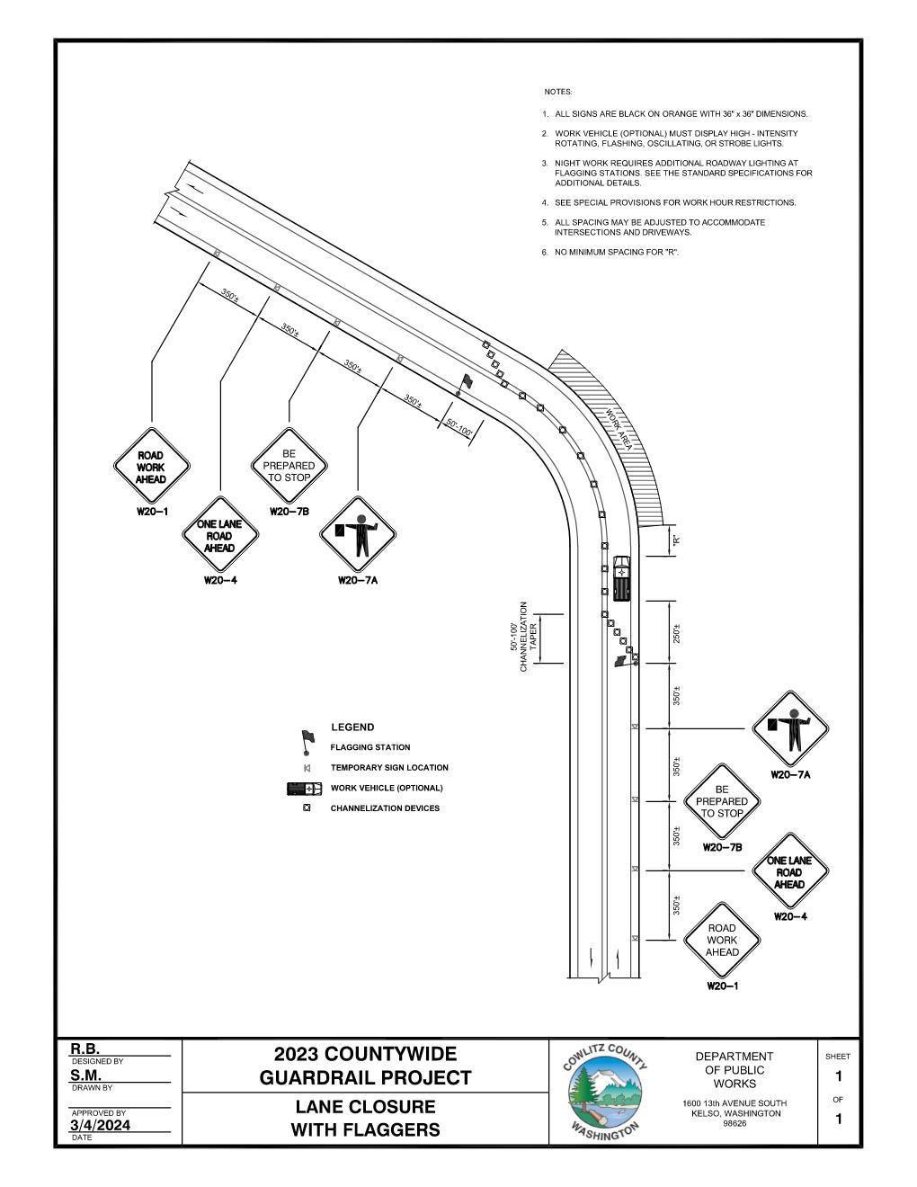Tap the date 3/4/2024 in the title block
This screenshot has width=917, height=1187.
pyautogui.click(x=100, y=1125)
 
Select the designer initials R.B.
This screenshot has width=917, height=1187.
pyautogui.click(x=85, y=1049)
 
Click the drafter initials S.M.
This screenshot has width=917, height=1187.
pyautogui.click(x=85, y=1075)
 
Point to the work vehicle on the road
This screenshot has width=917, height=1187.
pyautogui.click(x=621, y=578)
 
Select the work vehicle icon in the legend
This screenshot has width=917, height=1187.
pyautogui.click(x=304, y=789)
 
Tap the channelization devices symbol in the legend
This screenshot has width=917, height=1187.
pyautogui.click(x=307, y=808)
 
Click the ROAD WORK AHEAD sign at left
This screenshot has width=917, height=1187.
pyautogui.click(x=151, y=468)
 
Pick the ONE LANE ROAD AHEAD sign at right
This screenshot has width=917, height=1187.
pyautogui.click(x=788, y=872)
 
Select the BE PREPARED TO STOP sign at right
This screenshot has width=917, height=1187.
pyautogui.click(x=721, y=801)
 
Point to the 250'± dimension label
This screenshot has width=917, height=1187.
pyautogui.click(x=677, y=634)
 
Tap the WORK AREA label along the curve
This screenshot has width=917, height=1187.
pyautogui.click(x=619, y=430)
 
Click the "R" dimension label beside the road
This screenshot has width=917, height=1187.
pyautogui.click(x=677, y=541)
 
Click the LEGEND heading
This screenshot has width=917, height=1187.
pyautogui.click(x=352, y=727)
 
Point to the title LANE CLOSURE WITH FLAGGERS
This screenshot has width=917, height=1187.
pyautogui.click(x=365, y=1118)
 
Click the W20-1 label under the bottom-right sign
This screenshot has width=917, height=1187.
pyautogui.click(x=722, y=986)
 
